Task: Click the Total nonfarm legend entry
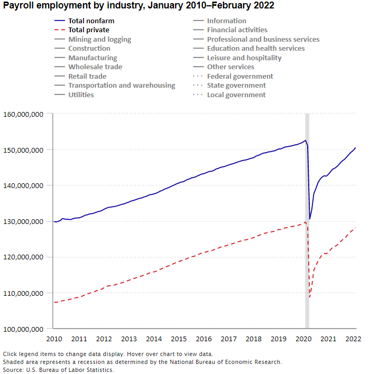(x=91, y=21)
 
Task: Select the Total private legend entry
(x=89, y=30)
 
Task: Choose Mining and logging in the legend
(x=99, y=39)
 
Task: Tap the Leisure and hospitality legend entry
(x=244, y=58)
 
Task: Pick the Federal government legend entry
(x=239, y=76)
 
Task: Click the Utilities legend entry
(x=81, y=95)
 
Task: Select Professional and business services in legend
(x=263, y=39)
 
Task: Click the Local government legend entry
(x=236, y=95)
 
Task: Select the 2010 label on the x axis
(x=54, y=339)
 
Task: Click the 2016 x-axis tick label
(x=204, y=339)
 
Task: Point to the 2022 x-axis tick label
(x=353, y=339)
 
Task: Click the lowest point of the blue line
(x=310, y=219)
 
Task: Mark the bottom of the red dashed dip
(x=310, y=297)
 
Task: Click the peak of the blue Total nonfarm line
(x=305, y=141)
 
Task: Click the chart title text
(x=139, y=6)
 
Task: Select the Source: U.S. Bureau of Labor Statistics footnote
(x=58, y=370)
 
